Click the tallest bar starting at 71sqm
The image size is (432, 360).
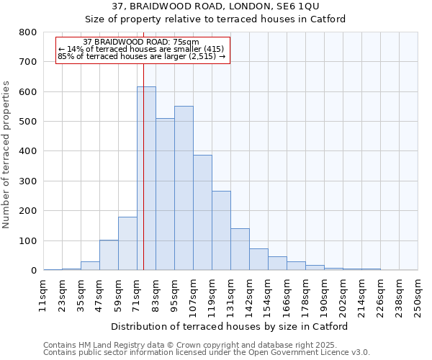pyautogui.click(x=146, y=179)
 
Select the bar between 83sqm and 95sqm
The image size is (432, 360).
pyautogui.click(x=165, y=194)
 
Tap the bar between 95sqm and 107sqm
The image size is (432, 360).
pyautogui.click(x=184, y=188)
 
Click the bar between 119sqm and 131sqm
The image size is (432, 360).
pyautogui.click(x=221, y=230)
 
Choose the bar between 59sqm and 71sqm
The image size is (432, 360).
pyautogui.click(x=127, y=243)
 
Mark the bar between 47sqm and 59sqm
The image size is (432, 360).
pyautogui.click(x=109, y=255)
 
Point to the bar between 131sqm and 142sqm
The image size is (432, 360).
pyautogui.click(x=240, y=249)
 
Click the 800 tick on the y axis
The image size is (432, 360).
pyautogui.click(x=27, y=32)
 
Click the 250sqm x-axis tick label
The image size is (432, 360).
pyautogui.click(x=418, y=295)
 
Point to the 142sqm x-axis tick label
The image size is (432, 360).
pyautogui.click(x=250, y=295)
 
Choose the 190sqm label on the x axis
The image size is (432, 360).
pyautogui.click(x=325, y=295)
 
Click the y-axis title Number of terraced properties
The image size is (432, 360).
pyautogui.click(x=7, y=154)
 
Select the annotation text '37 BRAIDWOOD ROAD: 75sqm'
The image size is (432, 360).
pyautogui.click(x=141, y=42)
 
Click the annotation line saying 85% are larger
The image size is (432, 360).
pyautogui.click(x=141, y=56)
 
